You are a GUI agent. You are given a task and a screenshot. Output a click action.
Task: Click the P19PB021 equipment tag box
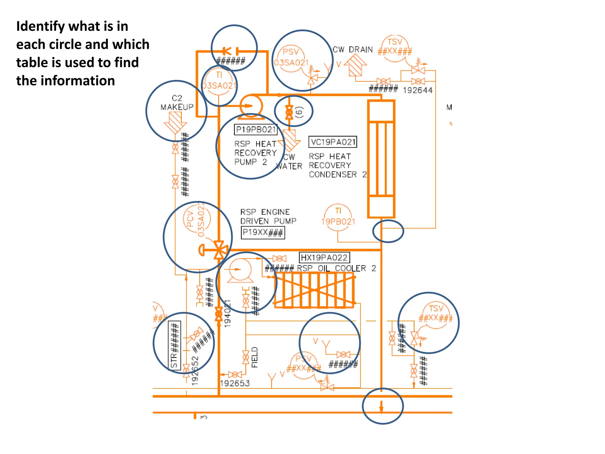click(256, 129)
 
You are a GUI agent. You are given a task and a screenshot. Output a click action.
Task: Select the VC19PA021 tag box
click(333, 142)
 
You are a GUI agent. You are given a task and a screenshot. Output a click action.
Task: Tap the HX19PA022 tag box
click(324, 258)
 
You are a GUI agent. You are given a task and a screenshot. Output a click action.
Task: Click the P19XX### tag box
click(263, 233)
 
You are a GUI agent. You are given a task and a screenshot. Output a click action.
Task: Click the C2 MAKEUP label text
click(177, 103)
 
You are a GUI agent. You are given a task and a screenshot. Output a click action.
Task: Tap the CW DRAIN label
click(353, 50)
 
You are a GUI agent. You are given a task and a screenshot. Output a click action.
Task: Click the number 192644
click(417, 90)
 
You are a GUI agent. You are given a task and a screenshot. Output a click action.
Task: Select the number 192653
click(235, 384)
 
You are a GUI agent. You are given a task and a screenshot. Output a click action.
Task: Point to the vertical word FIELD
click(255, 357)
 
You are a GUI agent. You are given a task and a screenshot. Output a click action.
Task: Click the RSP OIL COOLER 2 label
click(336, 268)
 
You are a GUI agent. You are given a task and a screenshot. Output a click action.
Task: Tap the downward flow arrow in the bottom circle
click(381, 407)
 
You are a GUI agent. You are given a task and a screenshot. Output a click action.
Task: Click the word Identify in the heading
click(40, 26)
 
